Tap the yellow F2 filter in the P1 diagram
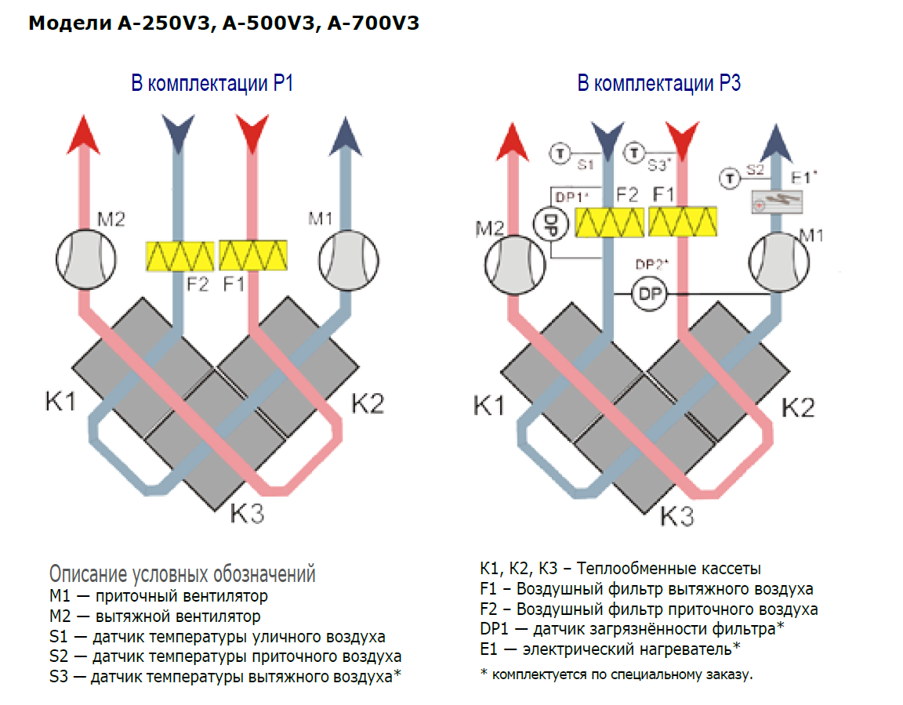click(x=180, y=255)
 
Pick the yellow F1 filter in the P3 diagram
click(x=683, y=222)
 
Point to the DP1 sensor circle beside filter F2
click(x=549, y=222)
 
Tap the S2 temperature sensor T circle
click(x=730, y=179)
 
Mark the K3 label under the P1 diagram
click(x=247, y=514)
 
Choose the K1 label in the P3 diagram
click(x=490, y=406)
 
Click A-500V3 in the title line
click(x=267, y=23)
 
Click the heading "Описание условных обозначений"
click(x=182, y=574)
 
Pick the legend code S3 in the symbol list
click(x=58, y=675)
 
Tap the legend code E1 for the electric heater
click(x=489, y=649)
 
